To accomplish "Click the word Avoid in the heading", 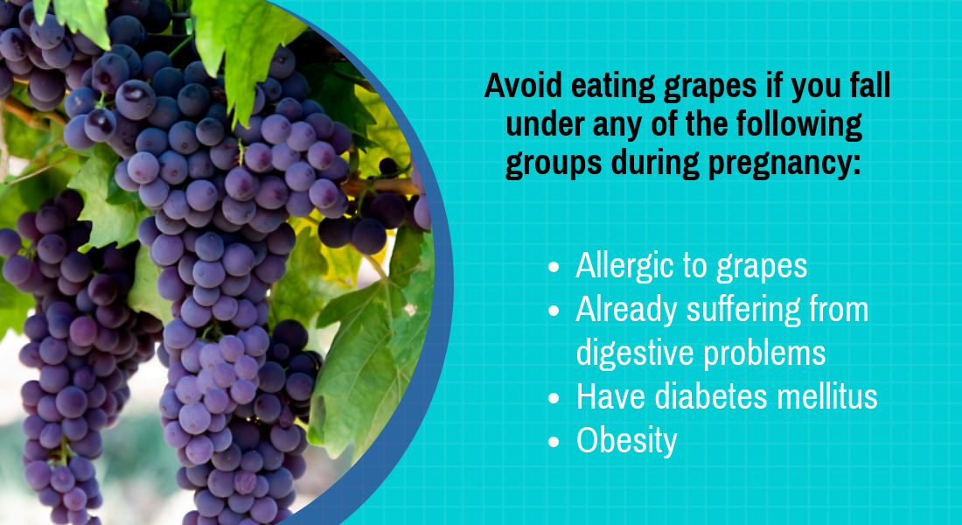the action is pos(523,86).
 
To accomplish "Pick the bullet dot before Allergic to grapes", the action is pos(554,267).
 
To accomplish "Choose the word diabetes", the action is pos(711,396).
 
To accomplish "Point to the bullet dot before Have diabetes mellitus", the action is pos(554,398).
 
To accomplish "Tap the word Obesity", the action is pos(626,441).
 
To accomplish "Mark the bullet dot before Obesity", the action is pos(554,442).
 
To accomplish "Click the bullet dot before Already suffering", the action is pos(554,311).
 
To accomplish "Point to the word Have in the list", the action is pos(611,396).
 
